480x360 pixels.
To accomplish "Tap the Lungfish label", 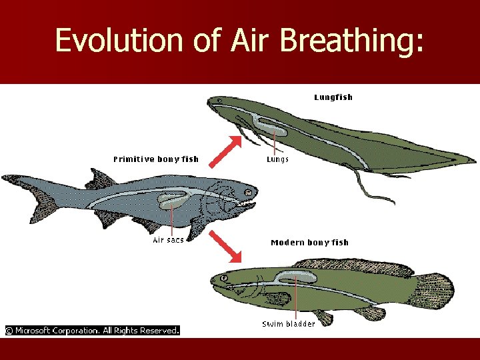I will (333, 97).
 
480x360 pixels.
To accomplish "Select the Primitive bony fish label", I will (155, 159).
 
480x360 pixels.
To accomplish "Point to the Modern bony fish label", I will (309, 243).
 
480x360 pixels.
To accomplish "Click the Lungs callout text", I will (277, 160).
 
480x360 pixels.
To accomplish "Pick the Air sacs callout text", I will (168, 240).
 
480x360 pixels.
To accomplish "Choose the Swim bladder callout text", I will (288, 324).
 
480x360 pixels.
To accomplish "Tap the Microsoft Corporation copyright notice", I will (93, 330).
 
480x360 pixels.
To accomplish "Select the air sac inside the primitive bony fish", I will (173, 199).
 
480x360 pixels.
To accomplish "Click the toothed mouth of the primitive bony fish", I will (248, 198).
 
